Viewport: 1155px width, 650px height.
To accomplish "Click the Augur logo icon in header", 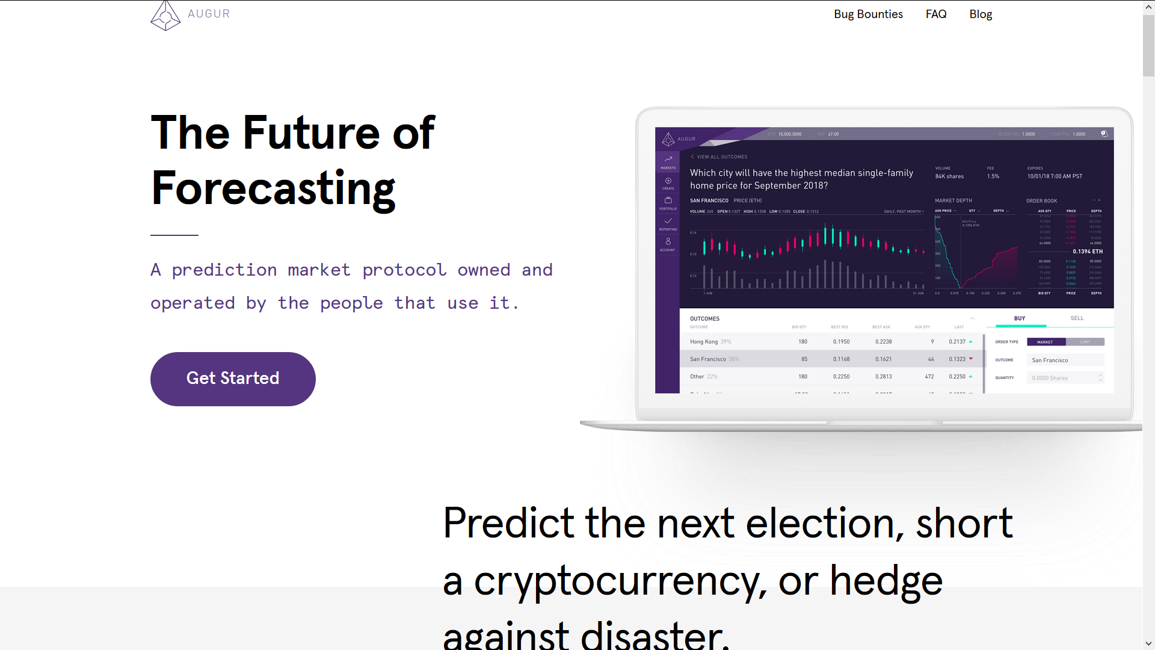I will (x=165, y=15).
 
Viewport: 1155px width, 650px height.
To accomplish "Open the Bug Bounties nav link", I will (x=868, y=14).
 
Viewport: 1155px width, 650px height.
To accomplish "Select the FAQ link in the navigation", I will (x=936, y=14).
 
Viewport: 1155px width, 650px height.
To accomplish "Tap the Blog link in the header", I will (x=981, y=14).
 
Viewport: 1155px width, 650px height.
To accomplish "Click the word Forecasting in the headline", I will (x=273, y=188).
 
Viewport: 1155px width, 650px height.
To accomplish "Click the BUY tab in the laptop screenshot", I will (x=1020, y=318).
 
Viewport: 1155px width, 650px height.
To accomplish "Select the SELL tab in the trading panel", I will (x=1077, y=318).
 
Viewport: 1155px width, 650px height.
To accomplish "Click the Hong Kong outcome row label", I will (x=704, y=342).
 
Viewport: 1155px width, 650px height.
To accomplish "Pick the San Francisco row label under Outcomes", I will (x=708, y=359).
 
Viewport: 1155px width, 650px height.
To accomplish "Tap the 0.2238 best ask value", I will (x=883, y=342).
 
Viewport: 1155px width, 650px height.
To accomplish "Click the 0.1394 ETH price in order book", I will (x=1088, y=252).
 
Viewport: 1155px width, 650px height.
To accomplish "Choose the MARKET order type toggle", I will (x=1046, y=342).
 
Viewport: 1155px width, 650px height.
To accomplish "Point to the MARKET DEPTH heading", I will (x=953, y=200).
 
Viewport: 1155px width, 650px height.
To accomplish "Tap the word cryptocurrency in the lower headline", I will (x=620, y=581).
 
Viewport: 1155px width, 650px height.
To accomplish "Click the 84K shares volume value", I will (x=949, y=176).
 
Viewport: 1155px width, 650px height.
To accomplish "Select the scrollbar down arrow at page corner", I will (x=1148, y=643).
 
